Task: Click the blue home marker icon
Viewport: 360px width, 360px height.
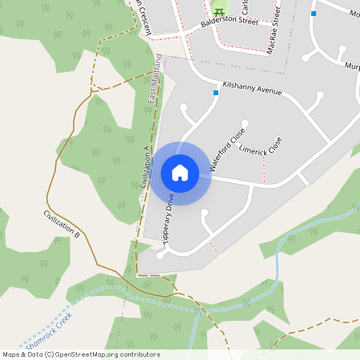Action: click(179, 173)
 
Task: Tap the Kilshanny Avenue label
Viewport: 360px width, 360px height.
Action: click(253, 88)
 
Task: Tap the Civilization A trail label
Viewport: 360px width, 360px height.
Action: click(145, 166)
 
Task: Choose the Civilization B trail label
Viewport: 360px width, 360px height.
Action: click(62, 225)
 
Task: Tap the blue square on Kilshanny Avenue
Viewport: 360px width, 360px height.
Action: click(216, 93)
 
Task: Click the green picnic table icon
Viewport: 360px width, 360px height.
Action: click(218, 11)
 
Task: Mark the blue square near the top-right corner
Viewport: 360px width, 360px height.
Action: click(314, 13)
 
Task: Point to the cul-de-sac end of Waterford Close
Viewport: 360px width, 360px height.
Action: click(246, 124)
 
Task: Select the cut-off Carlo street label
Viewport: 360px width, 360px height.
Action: click(246, 13)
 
